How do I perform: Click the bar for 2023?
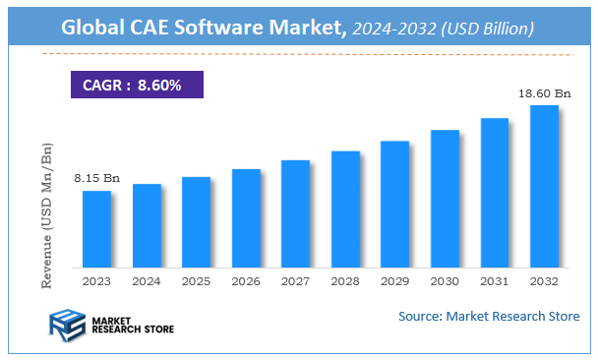[96, 228]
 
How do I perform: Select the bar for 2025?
[196, 221]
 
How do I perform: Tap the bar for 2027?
[295, 212]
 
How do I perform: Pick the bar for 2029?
[394, 204]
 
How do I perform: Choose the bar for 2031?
[495, 192]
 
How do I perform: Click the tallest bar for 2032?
[544, 186]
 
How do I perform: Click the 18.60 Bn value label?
[544, 92]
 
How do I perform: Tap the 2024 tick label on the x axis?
[147, 280]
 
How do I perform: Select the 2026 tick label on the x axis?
[246, 280]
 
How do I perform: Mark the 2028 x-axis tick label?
[345, 280]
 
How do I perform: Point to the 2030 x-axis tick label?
[445, 280]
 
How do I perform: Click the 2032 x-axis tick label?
[544, 280]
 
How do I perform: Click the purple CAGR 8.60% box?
[136, 85]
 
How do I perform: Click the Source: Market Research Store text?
[489, 316]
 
